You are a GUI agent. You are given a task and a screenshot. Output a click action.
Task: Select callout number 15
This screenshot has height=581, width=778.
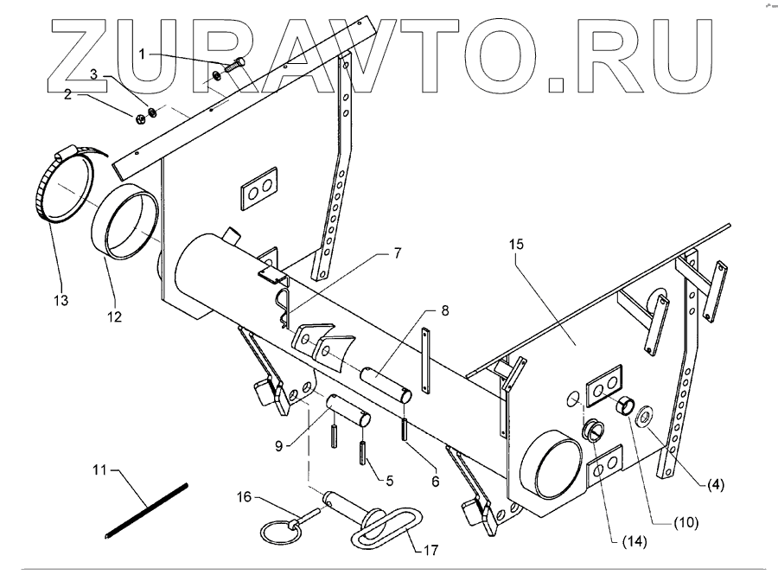pyautogui.click(x=516, y=246)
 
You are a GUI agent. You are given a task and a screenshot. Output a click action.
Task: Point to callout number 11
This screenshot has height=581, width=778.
pyautogui.click(x=102, y=471)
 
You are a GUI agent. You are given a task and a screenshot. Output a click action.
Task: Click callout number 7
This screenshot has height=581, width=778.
pyautogui.click(x=398, y=253)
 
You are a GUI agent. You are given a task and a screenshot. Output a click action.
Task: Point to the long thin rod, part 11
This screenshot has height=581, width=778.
pyautogui.click(x=146, y=511)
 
